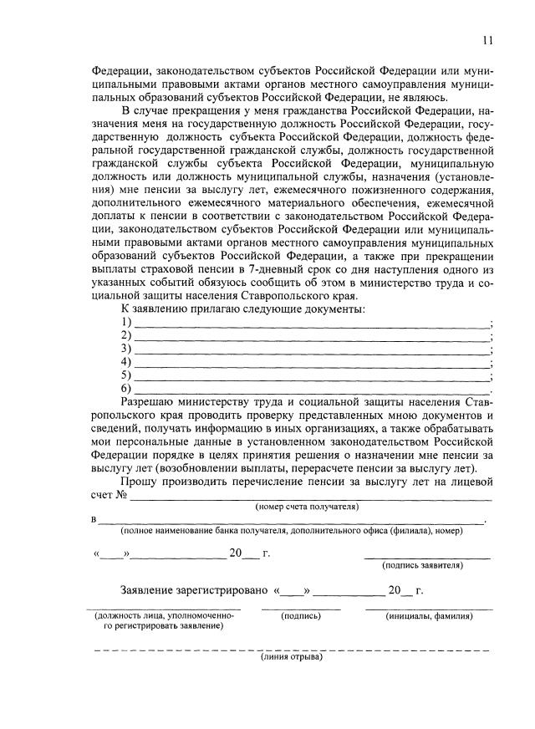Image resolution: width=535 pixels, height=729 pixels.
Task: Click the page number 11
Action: [x=487, y=40]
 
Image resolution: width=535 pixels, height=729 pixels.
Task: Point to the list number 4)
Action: [x=126, y=362]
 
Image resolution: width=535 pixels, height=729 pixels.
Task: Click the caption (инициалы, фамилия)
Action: [x=429, y=616]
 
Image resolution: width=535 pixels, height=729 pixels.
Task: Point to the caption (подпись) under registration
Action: [x=302, y=616]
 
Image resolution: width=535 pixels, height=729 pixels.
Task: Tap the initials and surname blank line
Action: [x=429, y=609]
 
